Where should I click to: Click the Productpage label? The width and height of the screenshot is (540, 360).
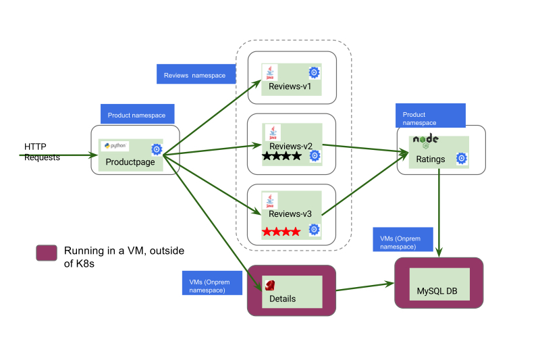click(130, 162)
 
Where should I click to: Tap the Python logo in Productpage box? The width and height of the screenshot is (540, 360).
click(115, 145)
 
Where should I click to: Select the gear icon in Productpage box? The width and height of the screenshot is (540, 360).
click(157, 149)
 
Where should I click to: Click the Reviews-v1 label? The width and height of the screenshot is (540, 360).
click(290, 86)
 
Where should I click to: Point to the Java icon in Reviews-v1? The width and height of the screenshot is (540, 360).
click(270, 72)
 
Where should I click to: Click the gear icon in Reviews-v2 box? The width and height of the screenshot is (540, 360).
click(314, 156)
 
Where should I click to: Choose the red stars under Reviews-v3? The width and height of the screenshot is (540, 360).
click(281, 232)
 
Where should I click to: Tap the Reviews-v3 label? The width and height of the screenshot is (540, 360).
click(290, 214)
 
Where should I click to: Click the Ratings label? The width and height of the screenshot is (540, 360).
click(431, 160)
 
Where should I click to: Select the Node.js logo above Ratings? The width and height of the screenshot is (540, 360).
click(426, 140)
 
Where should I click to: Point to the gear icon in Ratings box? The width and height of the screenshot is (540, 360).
click(462, 158)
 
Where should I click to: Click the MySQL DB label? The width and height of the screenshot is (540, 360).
click(437, 292)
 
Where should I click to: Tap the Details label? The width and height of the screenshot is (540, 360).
click(283, 299)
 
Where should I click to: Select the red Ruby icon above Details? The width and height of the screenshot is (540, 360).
click(271, 284)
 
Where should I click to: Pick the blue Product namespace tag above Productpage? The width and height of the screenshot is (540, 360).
click(138, 115)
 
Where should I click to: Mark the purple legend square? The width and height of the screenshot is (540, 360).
click(46, 253)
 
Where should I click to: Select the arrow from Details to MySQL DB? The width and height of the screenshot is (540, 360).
click(364, 286)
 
